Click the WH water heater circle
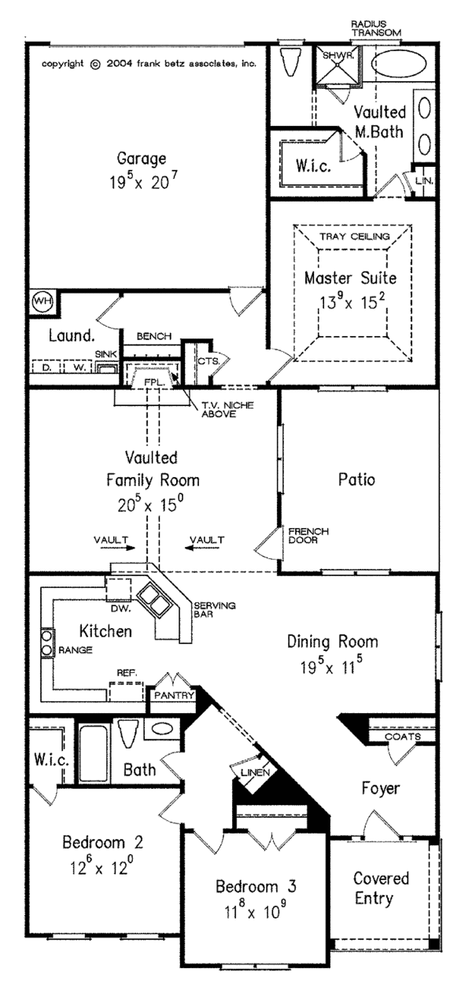pos(42,301)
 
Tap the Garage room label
pos(138,158)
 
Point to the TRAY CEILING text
pos(352,236)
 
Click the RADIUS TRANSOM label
pos(375,28)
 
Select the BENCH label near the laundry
pos(153,336)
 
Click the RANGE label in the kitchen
pos(76,650)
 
